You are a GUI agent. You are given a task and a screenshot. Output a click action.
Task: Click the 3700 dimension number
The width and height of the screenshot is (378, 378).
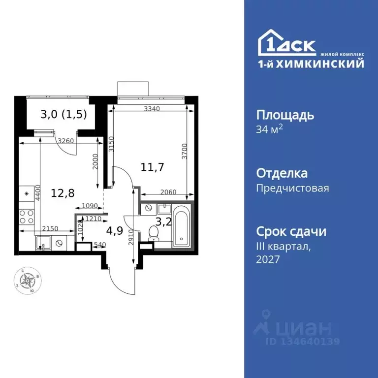point(184,152)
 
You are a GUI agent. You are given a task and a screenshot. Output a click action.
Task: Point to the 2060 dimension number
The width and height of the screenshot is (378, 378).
point(167,193)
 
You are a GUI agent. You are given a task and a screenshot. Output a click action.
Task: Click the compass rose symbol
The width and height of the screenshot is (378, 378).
point(28,281)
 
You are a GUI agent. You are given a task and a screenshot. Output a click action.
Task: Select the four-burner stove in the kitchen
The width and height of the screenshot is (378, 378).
point(27,216)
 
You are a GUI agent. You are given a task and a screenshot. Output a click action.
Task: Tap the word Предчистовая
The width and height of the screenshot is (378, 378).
point(293,188)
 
